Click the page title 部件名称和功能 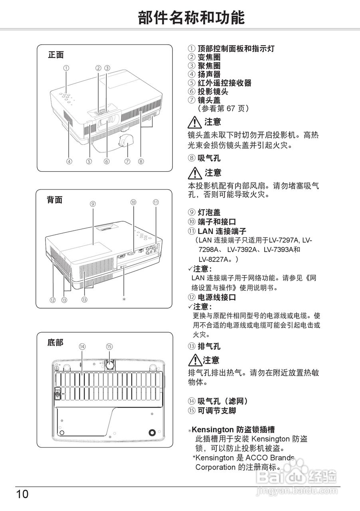[191, 18]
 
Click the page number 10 [22, 494]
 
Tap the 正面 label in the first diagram [56, 55]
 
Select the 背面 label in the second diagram [55, 200]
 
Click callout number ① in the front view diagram [66, 68]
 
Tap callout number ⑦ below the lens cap [127, 162]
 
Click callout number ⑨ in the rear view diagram [93, 204]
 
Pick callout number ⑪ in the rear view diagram [156, 202]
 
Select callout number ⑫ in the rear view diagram [53, 299]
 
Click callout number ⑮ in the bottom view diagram [109, 347]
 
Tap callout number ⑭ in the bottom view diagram [82, 347]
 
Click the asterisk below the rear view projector [124, 299]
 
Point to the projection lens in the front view [107, 119]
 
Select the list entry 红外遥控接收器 [224, 83]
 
